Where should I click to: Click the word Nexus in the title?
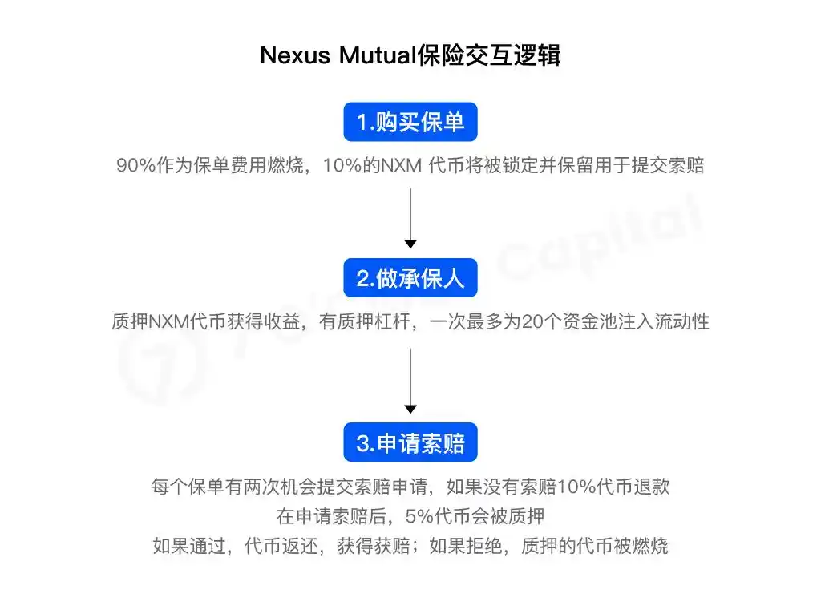tap(295, 55)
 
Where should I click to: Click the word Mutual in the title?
tap(378, 55)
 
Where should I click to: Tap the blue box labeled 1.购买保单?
tap(410, 122)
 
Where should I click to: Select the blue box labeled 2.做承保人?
tap(410, 277)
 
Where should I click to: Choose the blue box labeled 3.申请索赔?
tap(410, 442)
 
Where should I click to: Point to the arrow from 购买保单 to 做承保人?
tap(410, 218)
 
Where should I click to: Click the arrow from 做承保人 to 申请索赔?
tap(410, 381)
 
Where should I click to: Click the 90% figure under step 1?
tap(135, 165)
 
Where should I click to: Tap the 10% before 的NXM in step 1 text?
tap(342, 165)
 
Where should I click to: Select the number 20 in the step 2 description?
tap(532, 321)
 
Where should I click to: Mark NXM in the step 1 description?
tap(401, 165)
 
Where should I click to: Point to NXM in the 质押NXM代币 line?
tap(168, 321)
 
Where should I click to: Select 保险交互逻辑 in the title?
tap(488, 55)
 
